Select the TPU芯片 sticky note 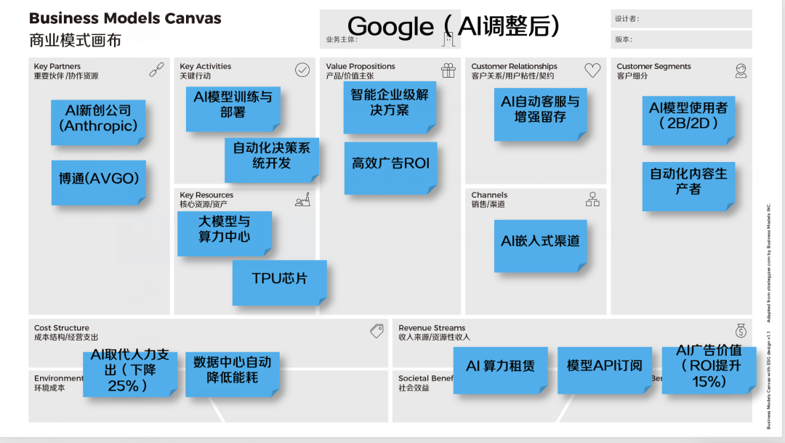[280, 281]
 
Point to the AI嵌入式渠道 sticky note [540, 243]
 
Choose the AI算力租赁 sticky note [500, 367]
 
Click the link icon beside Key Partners [156, 70]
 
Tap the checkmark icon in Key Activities [302, 70]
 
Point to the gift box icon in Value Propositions [448, 70]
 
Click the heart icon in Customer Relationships [592, 70]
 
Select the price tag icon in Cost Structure [377, 331]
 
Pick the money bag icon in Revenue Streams [740, 331]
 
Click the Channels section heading [489, 195]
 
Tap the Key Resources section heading [206, 195]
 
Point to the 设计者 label [627, 19]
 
